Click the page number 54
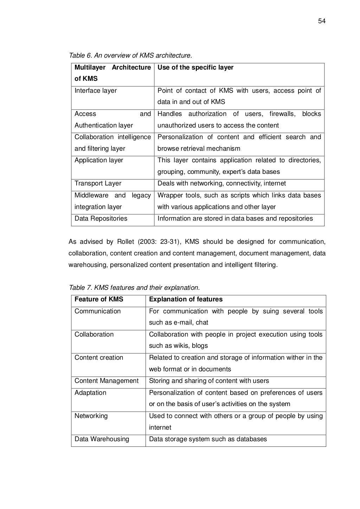point(322,21)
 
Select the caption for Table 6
point(130,56)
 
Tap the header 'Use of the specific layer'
point(195,67)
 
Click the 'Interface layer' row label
point(96,91)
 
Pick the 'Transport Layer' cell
point(98,183)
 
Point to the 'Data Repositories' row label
point(101,218)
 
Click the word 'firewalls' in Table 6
point(283,114)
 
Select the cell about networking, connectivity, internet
point(221,183)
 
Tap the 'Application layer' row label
point(99,160)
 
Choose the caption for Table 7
point(134,288)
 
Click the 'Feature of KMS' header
point(99,299)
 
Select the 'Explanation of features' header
point(186,299)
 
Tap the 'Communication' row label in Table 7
point(97,311)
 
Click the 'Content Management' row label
point(107,381)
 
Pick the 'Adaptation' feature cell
point(90,393)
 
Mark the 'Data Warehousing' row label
point(102,439)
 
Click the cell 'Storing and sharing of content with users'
point(209,381)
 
